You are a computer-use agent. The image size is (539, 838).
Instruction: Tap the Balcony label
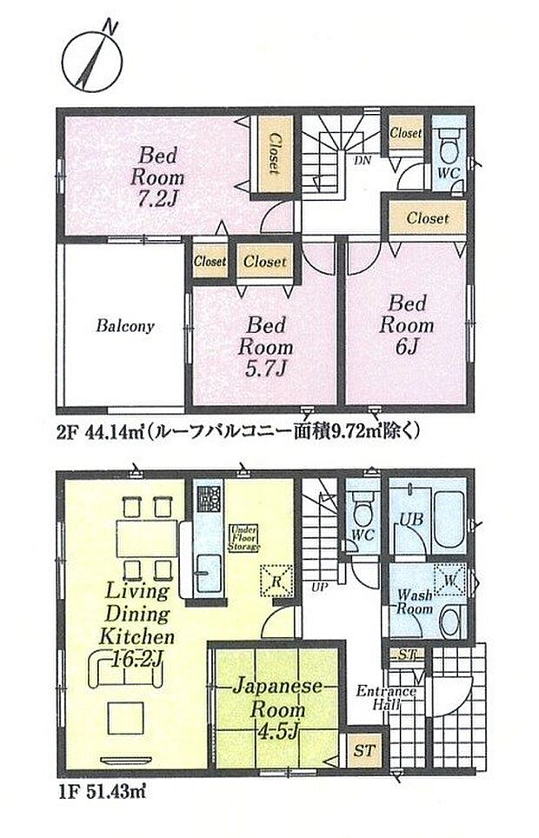[125, 327]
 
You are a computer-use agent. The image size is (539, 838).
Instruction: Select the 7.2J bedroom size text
[156, 198]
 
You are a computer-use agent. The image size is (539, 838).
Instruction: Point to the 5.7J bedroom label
[269, 368]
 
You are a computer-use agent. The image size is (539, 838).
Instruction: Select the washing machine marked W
[451, 578]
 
